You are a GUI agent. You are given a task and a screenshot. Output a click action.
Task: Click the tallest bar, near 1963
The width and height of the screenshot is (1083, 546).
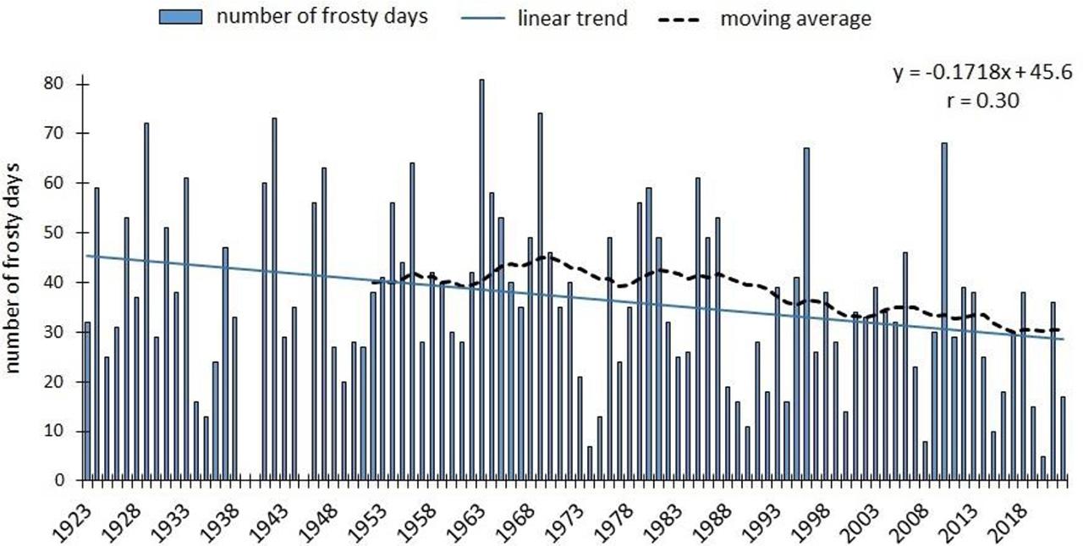pyautogui.click(x=481, y=279)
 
